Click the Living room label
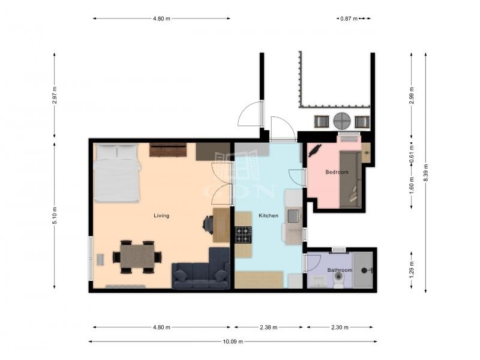point(161,215)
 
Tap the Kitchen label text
point(268,215)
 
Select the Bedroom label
point(337,172)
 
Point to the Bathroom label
point(340,270)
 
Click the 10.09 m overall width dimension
point(233,341)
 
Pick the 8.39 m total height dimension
point(426,173)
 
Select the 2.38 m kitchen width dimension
point(268,327)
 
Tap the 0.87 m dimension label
point(349,19)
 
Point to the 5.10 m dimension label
point(55,215)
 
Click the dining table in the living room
point(137,257)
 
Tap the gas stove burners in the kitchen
point(244,235)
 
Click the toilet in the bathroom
point(338,279)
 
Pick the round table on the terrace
point(341,121)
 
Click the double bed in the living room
point(116,173)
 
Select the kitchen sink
point(293,215)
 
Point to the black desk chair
point(208,225)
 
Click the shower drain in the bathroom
point(364,271)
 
